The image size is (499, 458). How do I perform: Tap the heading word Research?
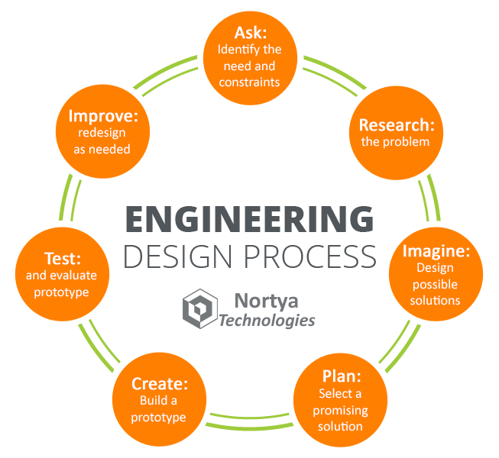[397, 125]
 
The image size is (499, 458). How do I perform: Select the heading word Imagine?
[436, 251]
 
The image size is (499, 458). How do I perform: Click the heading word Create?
[159, 384]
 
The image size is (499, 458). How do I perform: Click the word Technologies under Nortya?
[267, 319]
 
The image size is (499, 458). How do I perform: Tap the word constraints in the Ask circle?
[249, 82]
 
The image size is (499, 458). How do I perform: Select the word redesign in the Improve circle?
[102, 133]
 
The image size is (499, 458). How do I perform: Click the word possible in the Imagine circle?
[436, 283]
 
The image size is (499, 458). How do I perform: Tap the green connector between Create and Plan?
[251, 417]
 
